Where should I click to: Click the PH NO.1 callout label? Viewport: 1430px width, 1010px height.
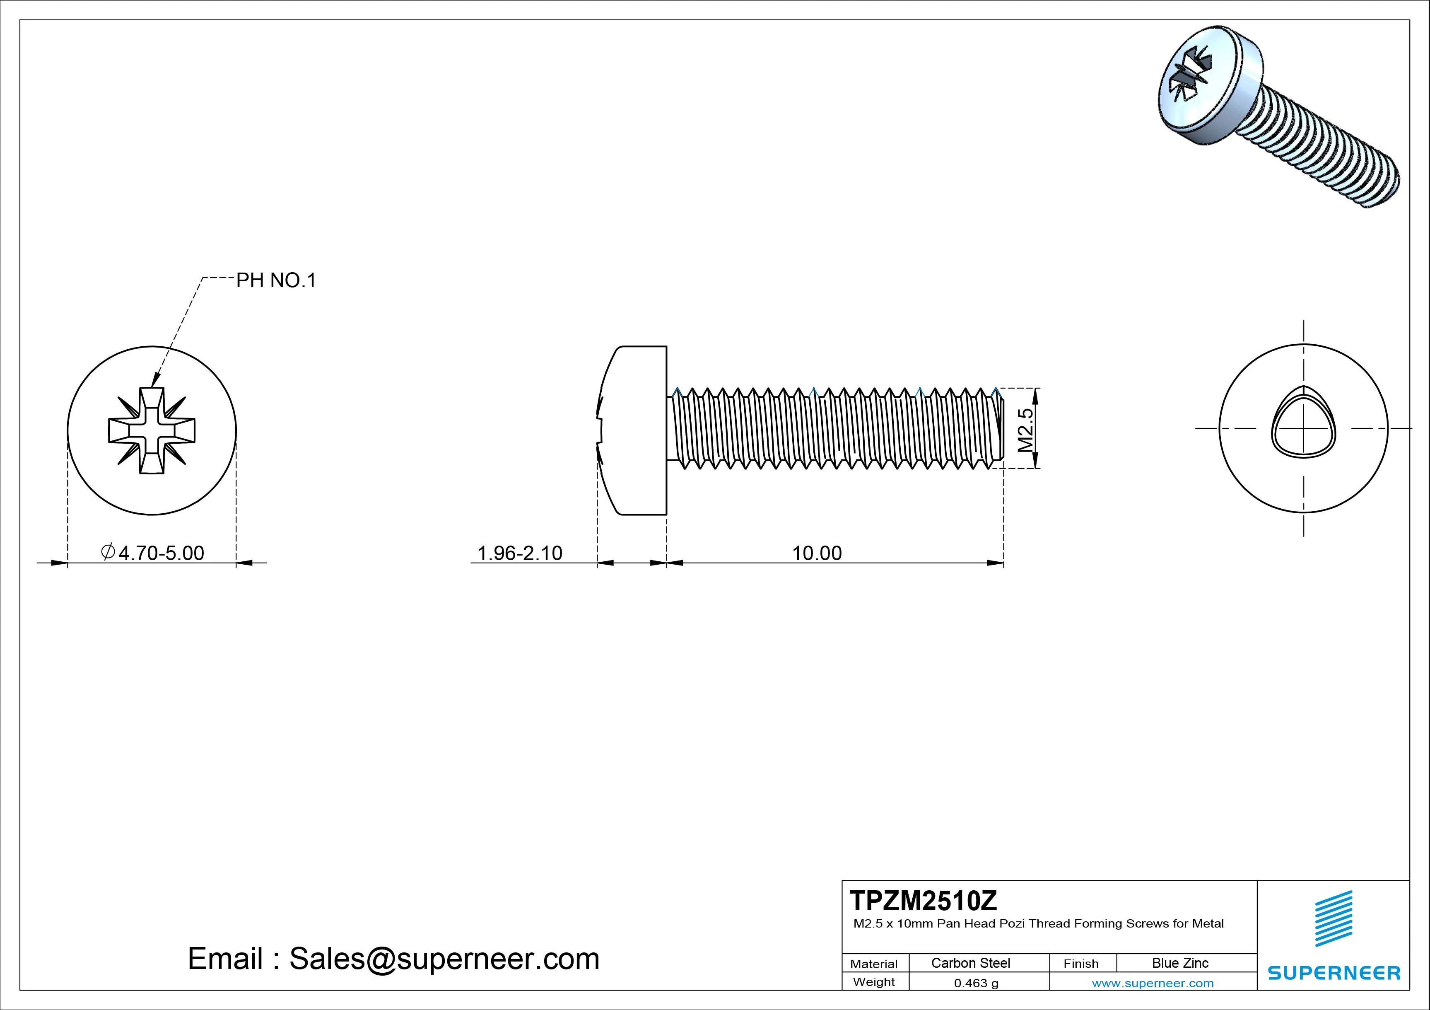276,281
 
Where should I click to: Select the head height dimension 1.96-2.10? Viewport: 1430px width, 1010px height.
519,553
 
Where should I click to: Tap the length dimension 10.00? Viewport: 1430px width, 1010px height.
817,553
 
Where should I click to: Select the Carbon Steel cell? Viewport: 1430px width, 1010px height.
970,963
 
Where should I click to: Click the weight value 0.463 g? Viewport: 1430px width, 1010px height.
976,983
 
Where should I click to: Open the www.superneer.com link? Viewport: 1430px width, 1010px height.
1152,983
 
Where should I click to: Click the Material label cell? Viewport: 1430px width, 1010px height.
874,964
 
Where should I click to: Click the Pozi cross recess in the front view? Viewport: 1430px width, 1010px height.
151,430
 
